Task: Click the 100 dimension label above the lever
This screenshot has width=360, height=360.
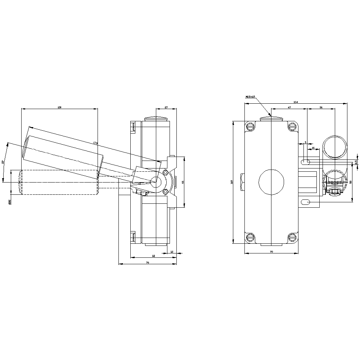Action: (60, 107)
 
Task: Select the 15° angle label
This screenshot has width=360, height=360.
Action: (3, 162)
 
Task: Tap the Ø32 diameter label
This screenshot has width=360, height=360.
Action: (9, 202)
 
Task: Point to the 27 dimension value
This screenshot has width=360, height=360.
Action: (166, 107)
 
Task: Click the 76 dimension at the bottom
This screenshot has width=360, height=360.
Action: (148, 263)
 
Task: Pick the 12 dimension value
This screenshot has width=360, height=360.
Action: (171, 252)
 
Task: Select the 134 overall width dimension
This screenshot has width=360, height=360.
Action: (296, 102)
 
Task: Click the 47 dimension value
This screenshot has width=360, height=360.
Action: (289, 107)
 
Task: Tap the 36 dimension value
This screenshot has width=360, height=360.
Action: (321, 107)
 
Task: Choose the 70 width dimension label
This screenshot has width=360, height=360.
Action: (271, 251)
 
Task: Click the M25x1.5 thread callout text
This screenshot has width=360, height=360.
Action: (250, 96)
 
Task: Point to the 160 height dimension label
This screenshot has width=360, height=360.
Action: (232, 182)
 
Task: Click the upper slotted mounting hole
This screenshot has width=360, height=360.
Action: (305, 162)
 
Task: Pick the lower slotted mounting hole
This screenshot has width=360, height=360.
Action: (305, 202)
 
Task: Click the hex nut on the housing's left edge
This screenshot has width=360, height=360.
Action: (242, 182)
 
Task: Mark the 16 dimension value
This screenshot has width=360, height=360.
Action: (313, 148)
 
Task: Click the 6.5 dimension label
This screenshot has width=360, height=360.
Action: (356, 162)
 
